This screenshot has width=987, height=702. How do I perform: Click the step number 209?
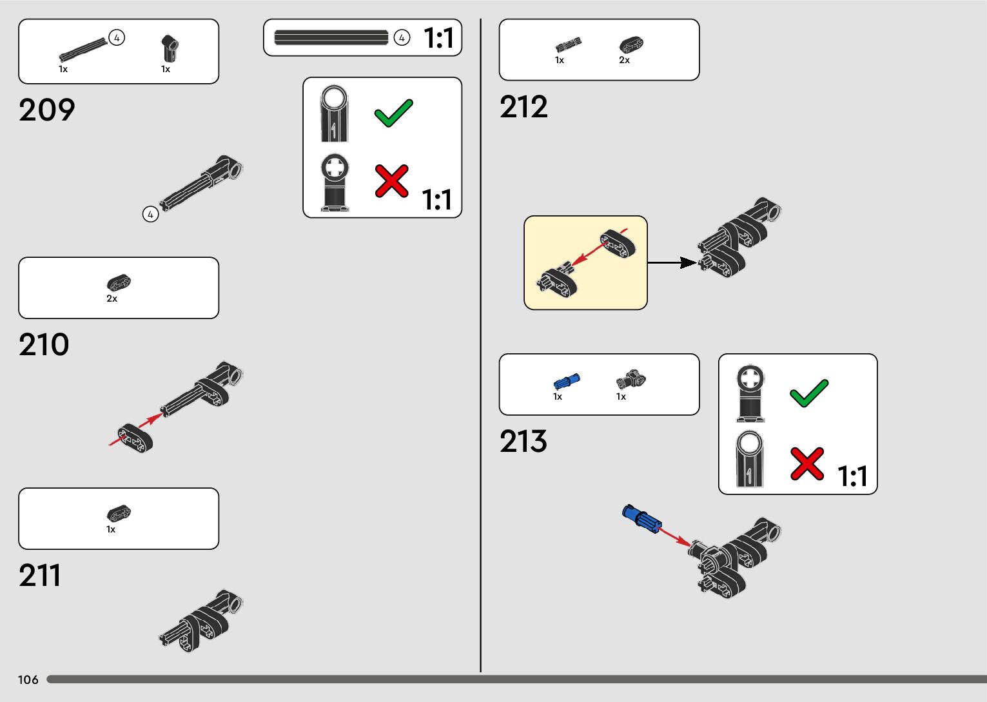pyautogui.click(x=47, y=110)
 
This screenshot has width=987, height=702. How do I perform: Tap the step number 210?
pyautogui.click(x=44, y=345)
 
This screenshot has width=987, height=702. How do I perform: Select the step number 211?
pyautogui.click(x=40, y=576)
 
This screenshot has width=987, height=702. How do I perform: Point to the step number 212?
pyautogui.click(x=523, y=107)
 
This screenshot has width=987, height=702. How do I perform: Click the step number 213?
pyautogui.click(x=523, y=442)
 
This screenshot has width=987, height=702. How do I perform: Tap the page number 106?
pyautogui.click(x=28, y=679)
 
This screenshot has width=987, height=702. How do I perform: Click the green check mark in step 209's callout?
pyautogui.click(x=393, y=113)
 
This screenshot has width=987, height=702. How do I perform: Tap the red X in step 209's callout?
pyautogui.click(x=391, y=180)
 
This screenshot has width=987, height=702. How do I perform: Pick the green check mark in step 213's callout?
pyautogui.click(x=808, y=393)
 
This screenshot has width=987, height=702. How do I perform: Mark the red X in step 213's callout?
pyautogui.click(x=807, y=463)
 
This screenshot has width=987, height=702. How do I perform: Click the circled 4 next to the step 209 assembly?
pyautogui.click(x=150, y=214)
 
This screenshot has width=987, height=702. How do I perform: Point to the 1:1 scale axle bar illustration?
pyautogui.click(x=331, y=37)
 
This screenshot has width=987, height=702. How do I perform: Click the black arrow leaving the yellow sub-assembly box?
pyautogui.click(x=672, y=262)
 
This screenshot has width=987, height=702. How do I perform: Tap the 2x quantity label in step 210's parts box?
pyautogui.click(x=112, y=298)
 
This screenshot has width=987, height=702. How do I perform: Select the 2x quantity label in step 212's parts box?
pyautogui.click(x=624, y=60)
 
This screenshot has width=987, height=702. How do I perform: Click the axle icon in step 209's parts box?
pyautogui.click(x=83, y=50)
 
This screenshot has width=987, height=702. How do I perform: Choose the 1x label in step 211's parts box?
pyautogui.click(x=111, y=529)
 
